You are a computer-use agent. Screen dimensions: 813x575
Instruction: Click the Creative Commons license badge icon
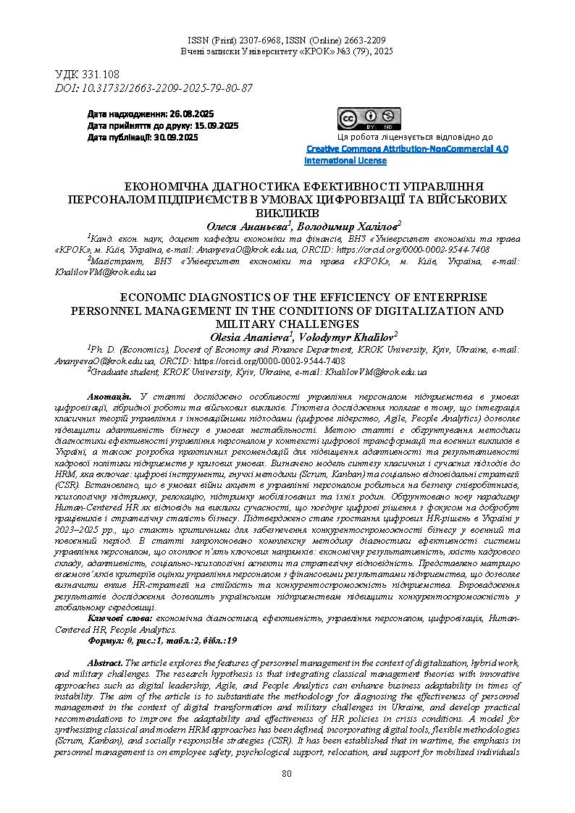pyautogui.click(x=369, y=119)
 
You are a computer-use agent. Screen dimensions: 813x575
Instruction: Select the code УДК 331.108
pyautogui.click(x=87, y=75)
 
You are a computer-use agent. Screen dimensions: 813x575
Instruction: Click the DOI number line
pyautogui.click(x=154, y=88)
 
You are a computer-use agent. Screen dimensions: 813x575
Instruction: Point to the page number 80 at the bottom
pyautogui.click(x=287, y=774)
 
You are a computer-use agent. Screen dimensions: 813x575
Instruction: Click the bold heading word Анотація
pyautogui.click(x=109, y=397)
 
